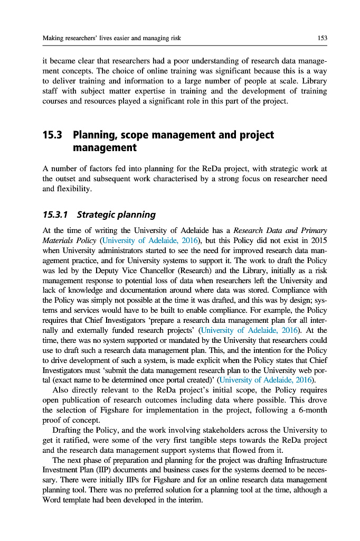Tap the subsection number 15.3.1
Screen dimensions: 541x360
tap(55, 214)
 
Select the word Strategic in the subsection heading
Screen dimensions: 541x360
tap(97, 214)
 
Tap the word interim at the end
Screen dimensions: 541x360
tap(188, 500)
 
